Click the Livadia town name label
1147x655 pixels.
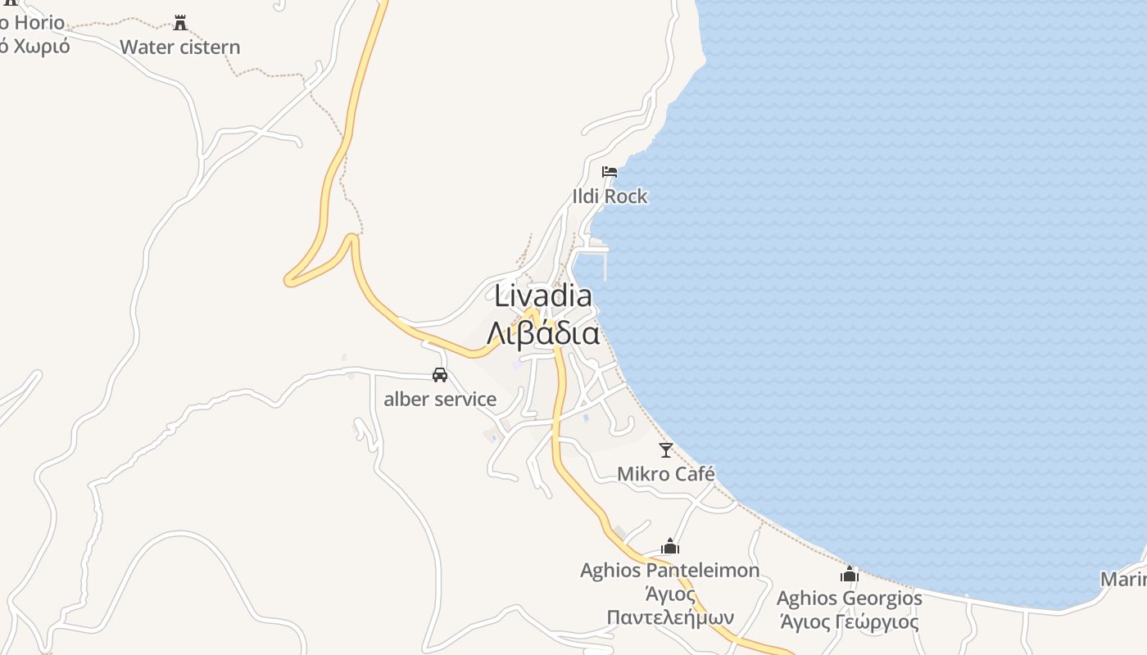pyautogui.click(x=542, y=296)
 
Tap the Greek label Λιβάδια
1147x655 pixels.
pyautogui.click(x=542, y=333)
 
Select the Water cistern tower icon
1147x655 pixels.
pyautogui.click(x=180, y=23)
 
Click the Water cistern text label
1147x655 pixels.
pyautogui.click(x=180, y=47)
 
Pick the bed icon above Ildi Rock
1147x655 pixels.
pyautogui.click(x=610, y=172)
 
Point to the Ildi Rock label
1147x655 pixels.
pyautogui.click(x=610, y=196)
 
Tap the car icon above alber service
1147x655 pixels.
pyautogui.click(x=440, y=375)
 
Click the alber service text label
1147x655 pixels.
pyautogui.click(x=440, y=400)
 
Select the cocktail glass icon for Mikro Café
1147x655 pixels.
pyautogui.click(x=666, y=449)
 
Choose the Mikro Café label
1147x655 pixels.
pyautogui.click(x=666, y=474)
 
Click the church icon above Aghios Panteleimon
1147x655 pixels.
pyautogui.click(x=670, y=546)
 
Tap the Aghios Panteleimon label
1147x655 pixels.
pyautogui.click(x=670, y=571)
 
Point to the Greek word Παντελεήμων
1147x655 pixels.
pyautogui.click(x=670, y=617)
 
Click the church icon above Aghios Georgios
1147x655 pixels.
pyautogui.click(x=850, y=574)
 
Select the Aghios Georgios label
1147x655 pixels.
pyautogui.click(x=850, y=599)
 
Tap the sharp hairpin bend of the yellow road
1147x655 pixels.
pyautogui.click(x=289, y=280)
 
